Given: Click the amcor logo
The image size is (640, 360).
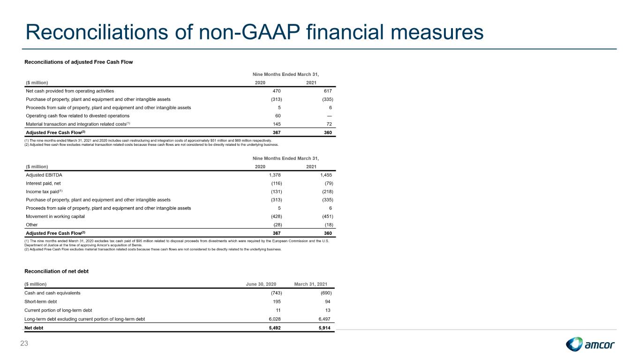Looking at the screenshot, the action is click(590, 344).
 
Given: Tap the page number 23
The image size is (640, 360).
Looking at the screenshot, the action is click(24, 344).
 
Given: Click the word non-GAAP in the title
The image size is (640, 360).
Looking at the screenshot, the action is click(249, 32).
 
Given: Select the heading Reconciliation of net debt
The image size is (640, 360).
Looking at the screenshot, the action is click(57, 271).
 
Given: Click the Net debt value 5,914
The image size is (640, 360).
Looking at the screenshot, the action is click(324, 328).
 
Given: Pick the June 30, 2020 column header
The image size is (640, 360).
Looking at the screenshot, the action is click(261, 284).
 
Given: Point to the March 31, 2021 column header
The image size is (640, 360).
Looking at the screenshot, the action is click(310, 284).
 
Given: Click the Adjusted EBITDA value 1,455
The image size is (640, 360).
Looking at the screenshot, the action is click(326, 175).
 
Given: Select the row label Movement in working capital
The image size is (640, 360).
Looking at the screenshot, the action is click(55, 216).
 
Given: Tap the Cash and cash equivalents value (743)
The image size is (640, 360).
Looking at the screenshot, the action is click(276, 293).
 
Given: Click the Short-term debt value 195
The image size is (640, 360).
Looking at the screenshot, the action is click(277, 301).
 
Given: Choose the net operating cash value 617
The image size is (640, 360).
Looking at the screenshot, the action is click(328, 91).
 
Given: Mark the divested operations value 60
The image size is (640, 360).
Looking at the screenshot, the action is click(278, 116).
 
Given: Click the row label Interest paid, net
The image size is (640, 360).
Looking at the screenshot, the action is click(43, 183).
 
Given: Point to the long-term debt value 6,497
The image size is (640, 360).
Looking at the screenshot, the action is click(324, 319).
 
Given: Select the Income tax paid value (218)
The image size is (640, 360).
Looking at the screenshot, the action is click(327, 191).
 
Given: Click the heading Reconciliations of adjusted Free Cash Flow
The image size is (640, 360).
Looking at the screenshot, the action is click(79, 62).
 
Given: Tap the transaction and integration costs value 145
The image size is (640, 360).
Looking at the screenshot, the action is click(277, 124).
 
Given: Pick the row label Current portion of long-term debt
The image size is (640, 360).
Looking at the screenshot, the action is click(58, 310).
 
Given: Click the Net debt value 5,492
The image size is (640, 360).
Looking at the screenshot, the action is click(275, 328).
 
